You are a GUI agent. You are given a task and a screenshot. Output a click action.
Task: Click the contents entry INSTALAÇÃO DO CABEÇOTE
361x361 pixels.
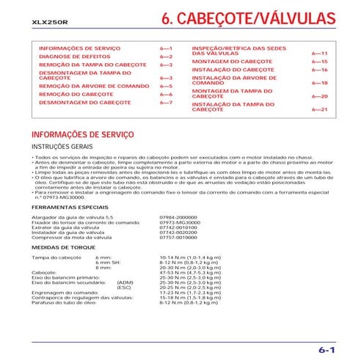233,69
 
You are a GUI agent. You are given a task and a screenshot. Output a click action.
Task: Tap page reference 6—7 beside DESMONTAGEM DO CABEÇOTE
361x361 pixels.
166,103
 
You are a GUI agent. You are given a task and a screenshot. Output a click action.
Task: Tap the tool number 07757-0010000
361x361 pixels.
178,238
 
